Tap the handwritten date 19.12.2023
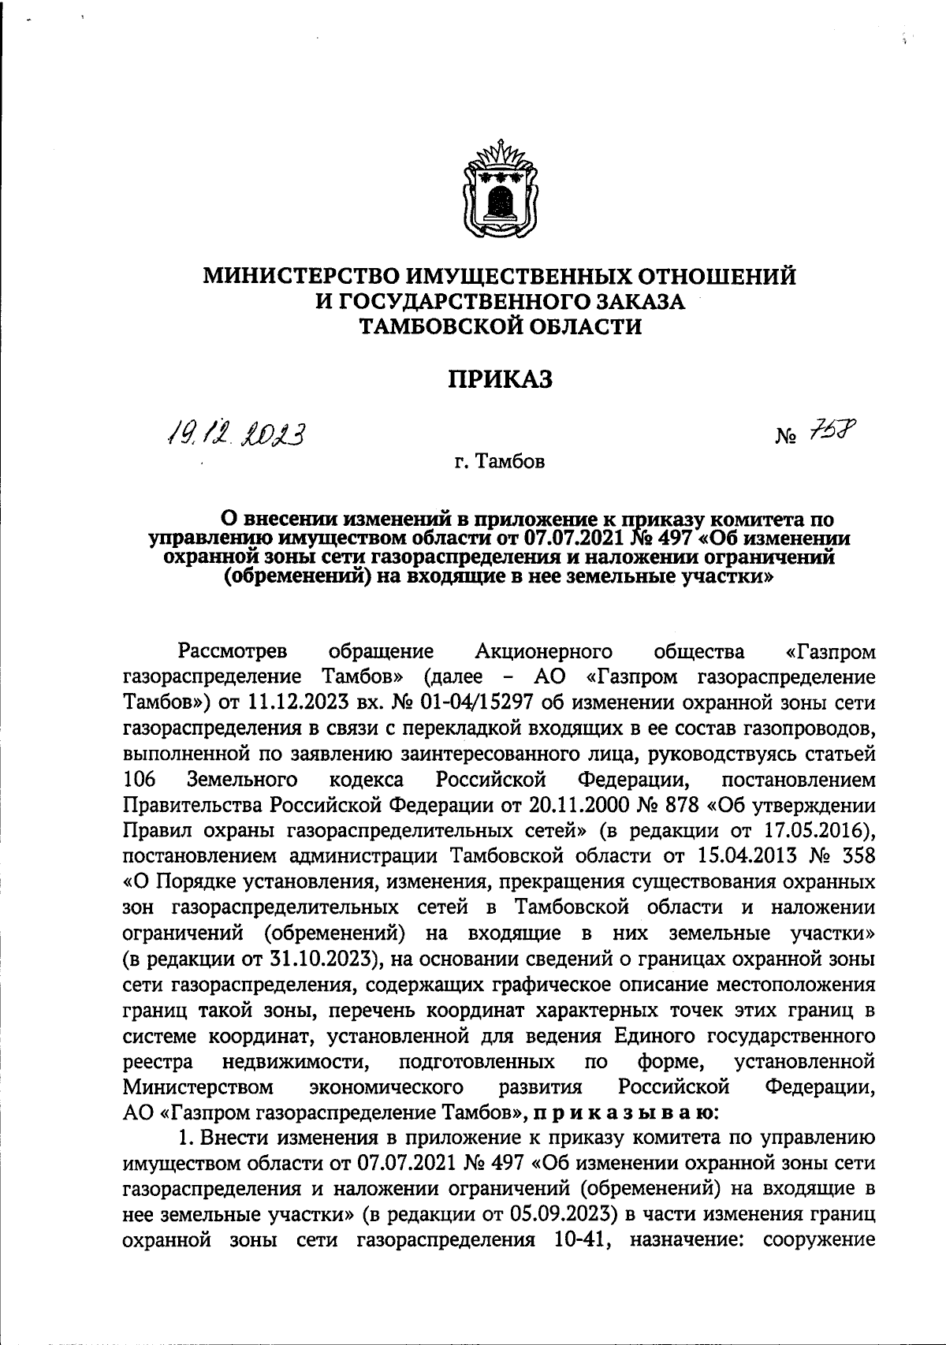point(236,433)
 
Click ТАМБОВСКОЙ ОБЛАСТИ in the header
point(501,326)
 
